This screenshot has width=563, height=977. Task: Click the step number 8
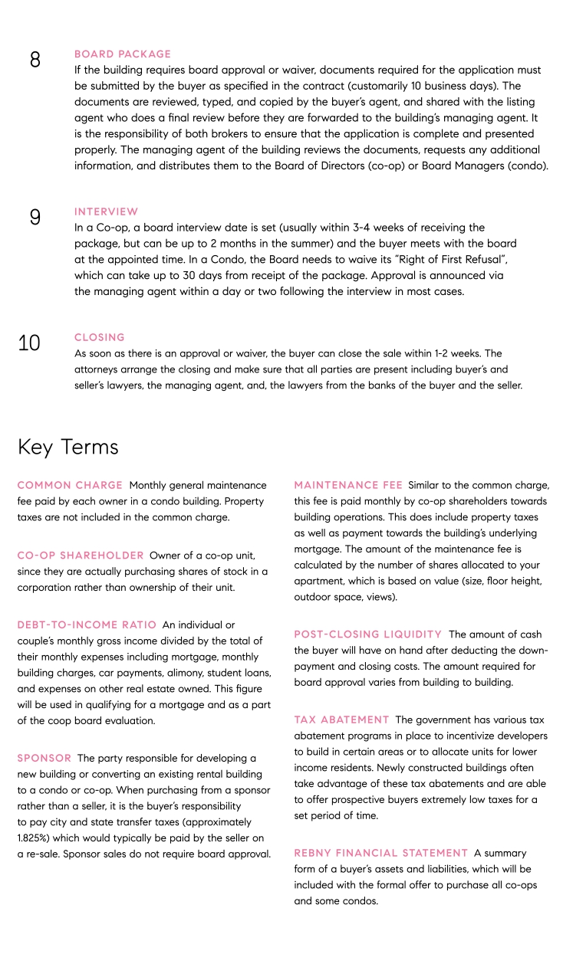click(x=35, y=60)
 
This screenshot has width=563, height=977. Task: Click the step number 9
click(x=35, y=218)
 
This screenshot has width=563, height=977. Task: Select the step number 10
click(x=29, y=343)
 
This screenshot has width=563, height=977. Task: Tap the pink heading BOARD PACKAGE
click(x=123, y=54)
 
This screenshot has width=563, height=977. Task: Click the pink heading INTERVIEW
click(x=107, y=211)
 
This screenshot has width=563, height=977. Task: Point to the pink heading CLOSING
click(x=100, y=337)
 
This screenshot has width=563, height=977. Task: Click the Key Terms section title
click(x=68, y=447)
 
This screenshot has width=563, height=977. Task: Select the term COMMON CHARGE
click(x=70, y=485)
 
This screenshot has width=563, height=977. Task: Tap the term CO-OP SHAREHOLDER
click(x=81, y=555)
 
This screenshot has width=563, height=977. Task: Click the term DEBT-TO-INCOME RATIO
click(x=87, y=625)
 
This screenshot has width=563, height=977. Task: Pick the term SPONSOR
click(x=44, y=758)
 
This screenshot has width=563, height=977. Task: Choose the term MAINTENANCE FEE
click(x=347, y=485)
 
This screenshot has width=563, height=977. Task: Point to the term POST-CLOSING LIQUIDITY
click(x=368, y=634)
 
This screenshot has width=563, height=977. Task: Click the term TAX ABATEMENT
click(x=342, y=720)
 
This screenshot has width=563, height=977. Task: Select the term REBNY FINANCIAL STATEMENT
click(x=381, y=853)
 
